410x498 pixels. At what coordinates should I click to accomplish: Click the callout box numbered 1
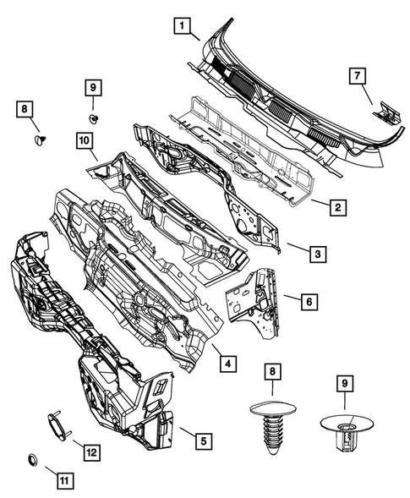click(183, 25)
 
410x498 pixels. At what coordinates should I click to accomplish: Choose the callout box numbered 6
click(309, 300)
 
